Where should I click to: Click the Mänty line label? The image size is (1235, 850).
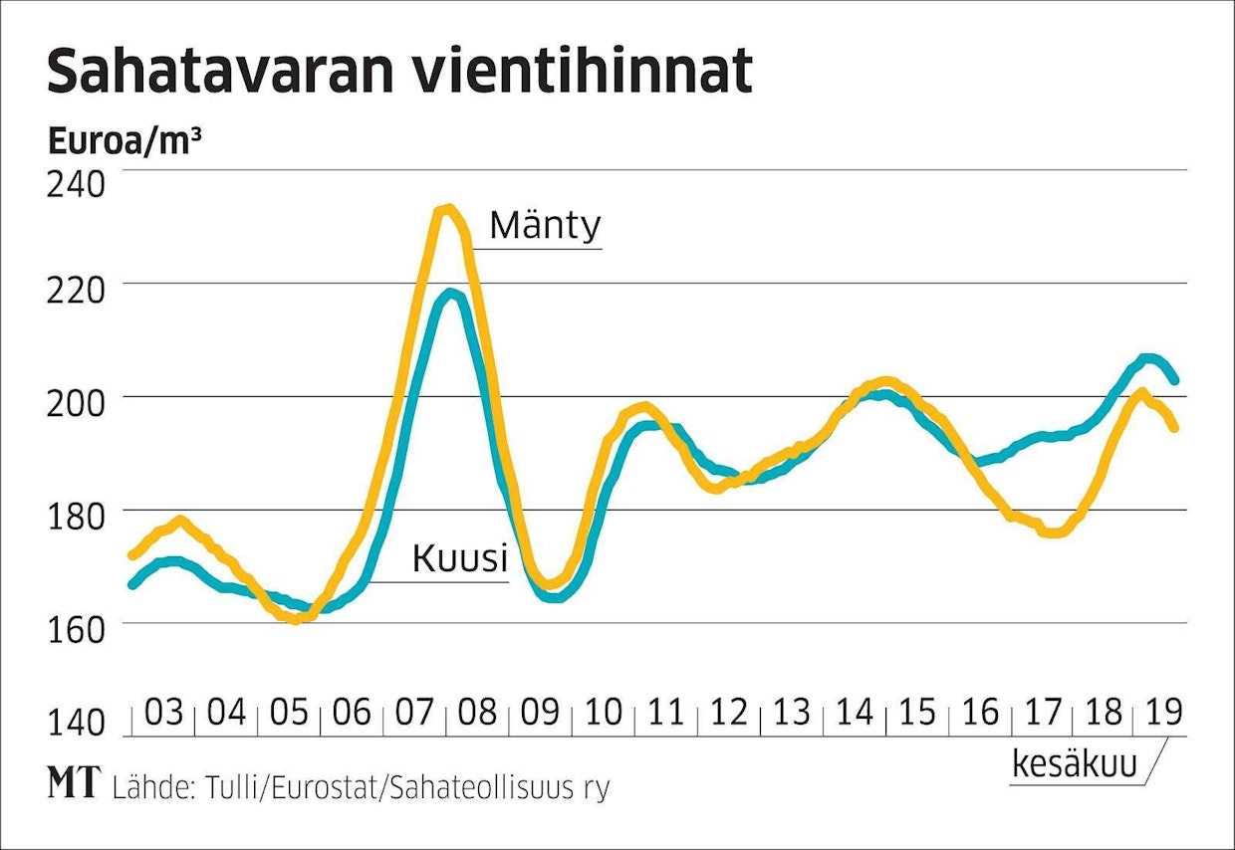[546, 226]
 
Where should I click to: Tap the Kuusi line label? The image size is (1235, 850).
[459, 559]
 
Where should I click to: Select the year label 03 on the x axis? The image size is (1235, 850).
[165, 713]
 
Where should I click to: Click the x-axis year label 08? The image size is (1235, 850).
[478, 713]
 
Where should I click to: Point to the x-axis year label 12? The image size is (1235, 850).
[729, 713]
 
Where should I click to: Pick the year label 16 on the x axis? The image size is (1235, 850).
[980, 713]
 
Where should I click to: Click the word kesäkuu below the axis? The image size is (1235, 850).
[1074, 764]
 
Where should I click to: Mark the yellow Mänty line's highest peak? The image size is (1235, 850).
[448, 209]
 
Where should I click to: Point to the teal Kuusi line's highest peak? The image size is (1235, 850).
[452, 294]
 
